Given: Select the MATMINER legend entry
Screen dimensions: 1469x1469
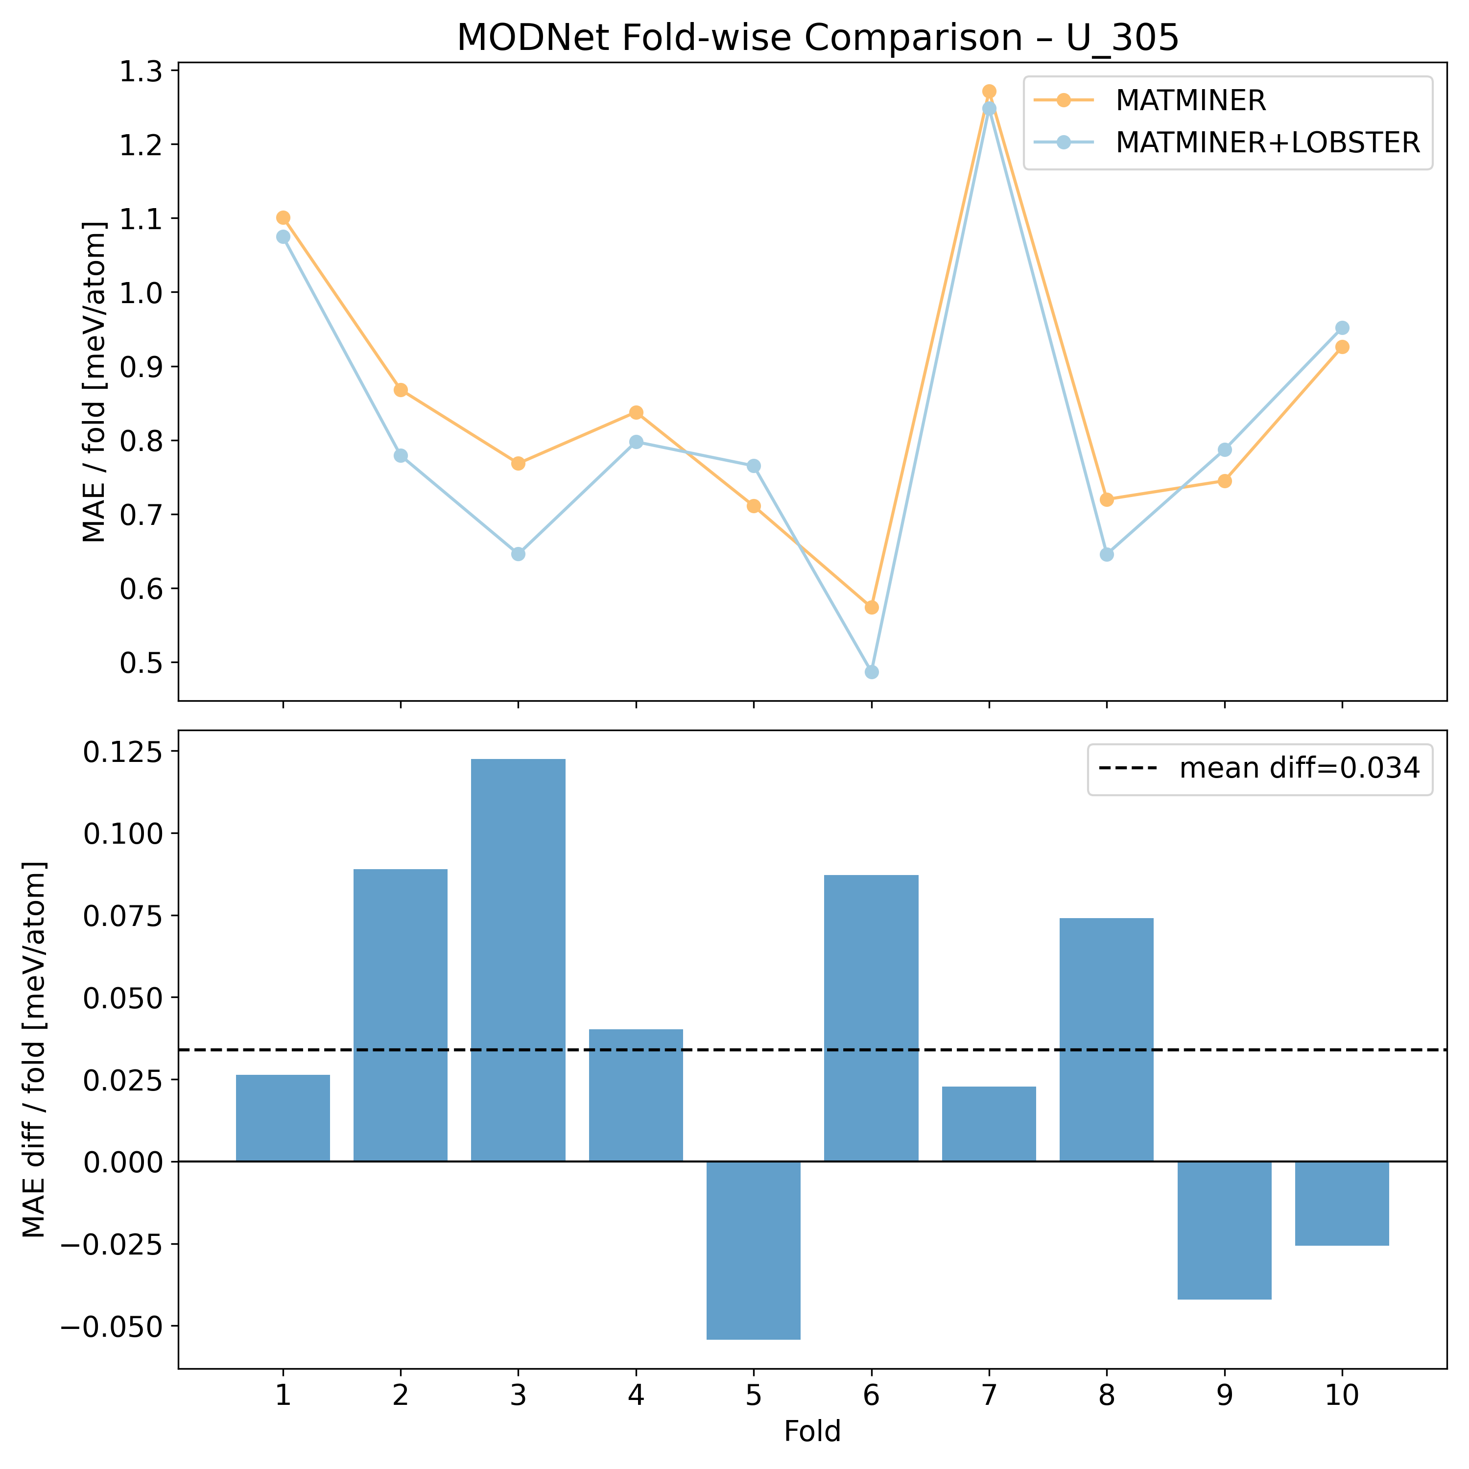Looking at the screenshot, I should (1190, 100).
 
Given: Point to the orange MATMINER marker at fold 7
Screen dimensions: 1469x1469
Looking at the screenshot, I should (989, 91).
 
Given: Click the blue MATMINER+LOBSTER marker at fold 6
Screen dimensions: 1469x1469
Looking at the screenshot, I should (872, 671).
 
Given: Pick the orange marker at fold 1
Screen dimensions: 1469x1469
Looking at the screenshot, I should (283, 217).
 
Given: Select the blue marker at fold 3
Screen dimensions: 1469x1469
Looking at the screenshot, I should (518, 553).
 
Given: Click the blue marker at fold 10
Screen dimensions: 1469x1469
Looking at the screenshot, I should (1341, 328).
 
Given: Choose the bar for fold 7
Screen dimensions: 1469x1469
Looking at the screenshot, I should (989, 1124).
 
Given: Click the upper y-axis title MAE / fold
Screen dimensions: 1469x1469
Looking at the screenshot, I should (95, 382).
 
